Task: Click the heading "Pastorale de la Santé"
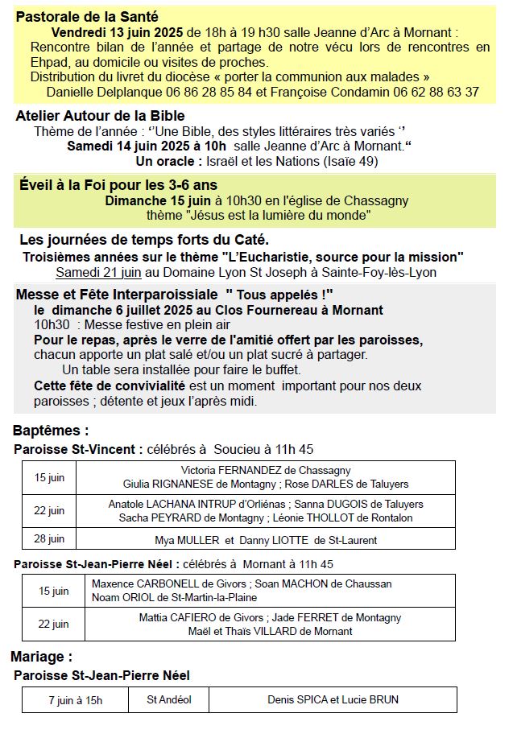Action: [x=87, y=17]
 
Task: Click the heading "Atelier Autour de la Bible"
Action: [x=100, y=116]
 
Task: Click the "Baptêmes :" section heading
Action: [x=52, y=431]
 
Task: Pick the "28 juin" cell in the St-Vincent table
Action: [x=50, y=539]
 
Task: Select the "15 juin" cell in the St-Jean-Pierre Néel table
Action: [x=55, y=591]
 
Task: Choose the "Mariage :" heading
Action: [x=42, y=657]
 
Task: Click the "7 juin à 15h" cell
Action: [x=75, y=700]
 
